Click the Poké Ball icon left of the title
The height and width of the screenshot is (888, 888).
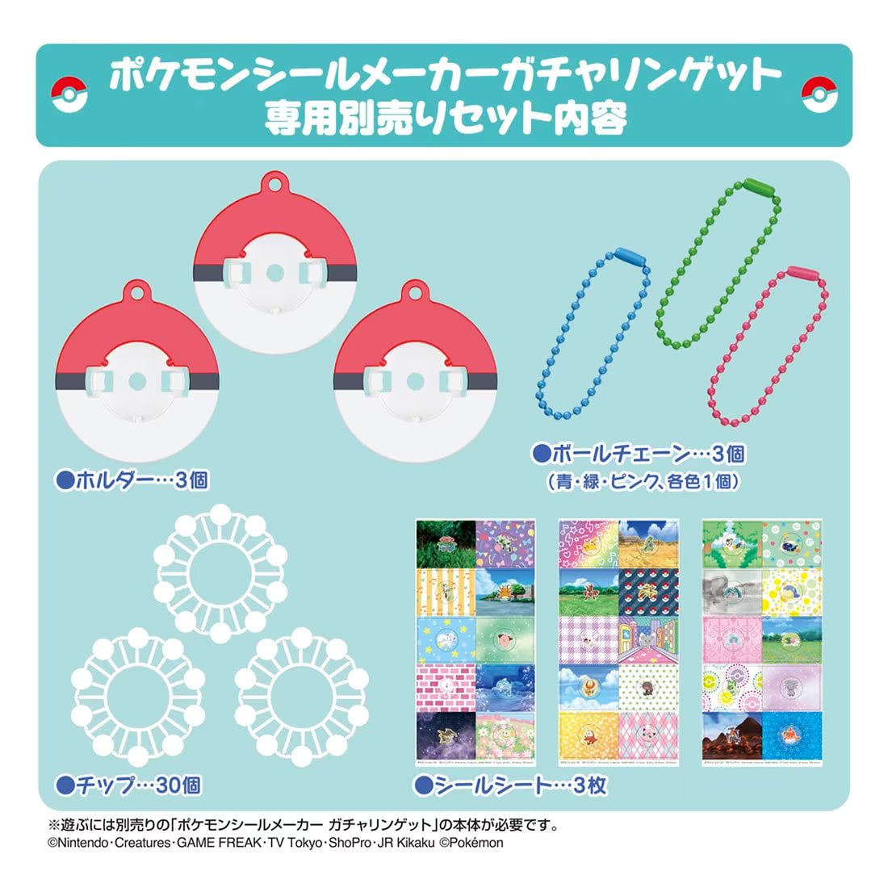[x=69, y=95]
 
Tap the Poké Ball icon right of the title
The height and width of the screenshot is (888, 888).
[x=819, y=95]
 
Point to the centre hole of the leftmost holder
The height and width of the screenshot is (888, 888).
[x=136, y=379]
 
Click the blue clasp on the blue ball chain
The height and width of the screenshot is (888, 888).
[x=632, y=259]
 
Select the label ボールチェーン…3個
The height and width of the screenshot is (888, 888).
[x=638, y=454]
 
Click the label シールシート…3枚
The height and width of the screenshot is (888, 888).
[x=510, y=784]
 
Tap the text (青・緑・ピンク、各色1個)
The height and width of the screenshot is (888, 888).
[x=643, y=482]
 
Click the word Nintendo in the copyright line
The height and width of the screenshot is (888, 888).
[x=82, y=843]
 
